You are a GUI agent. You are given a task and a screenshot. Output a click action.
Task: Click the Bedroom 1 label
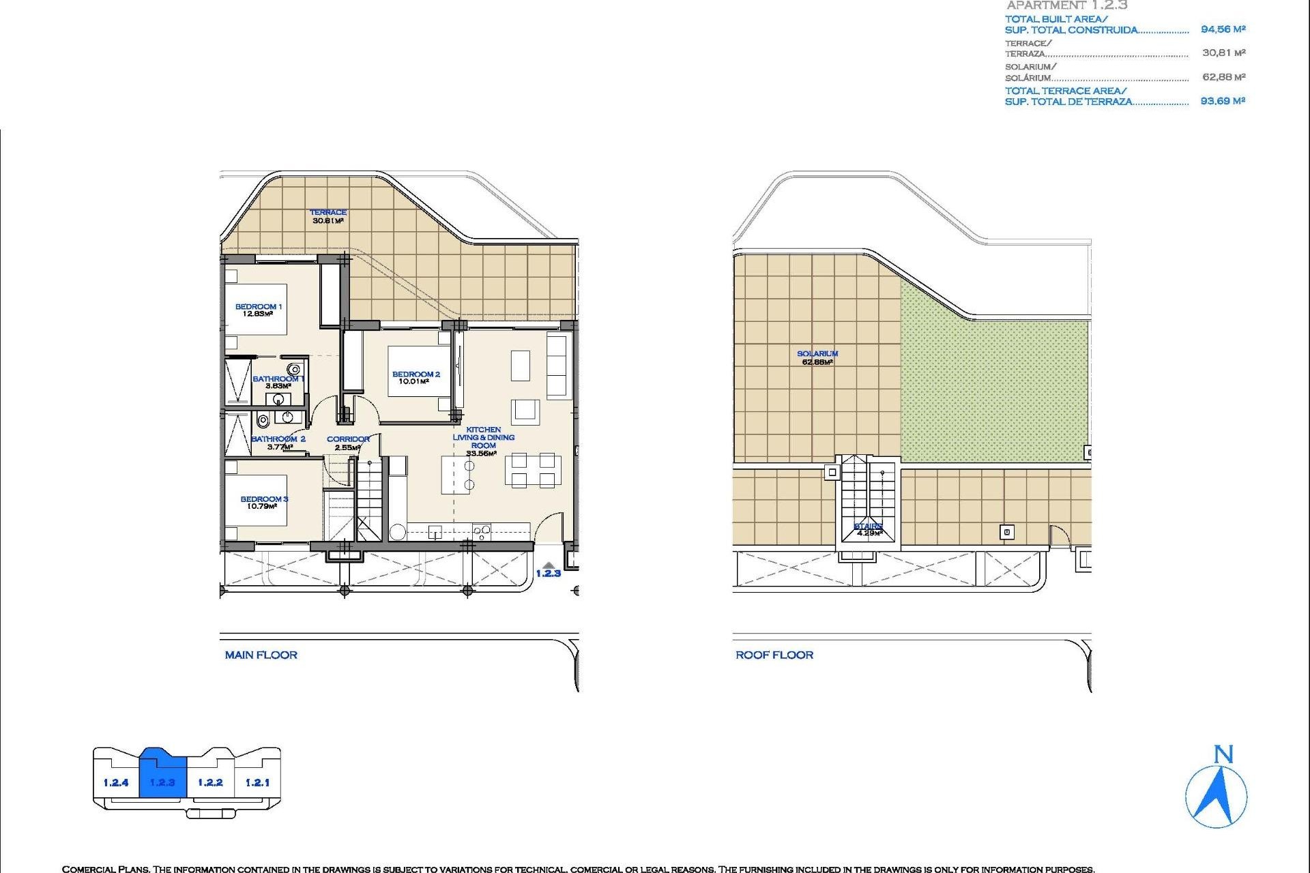[x=258, y=307]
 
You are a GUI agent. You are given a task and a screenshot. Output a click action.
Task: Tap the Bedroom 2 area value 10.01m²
[x=413, y=382]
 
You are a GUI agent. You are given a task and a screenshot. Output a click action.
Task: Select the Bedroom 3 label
[x=264, y=499]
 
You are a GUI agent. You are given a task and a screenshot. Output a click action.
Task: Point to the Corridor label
[x=348, y=439]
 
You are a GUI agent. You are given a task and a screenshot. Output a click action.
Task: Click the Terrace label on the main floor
[x=328, y=213]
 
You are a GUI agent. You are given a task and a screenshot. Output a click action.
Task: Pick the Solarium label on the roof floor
[x=817, y=354]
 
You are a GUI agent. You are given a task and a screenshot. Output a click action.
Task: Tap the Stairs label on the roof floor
[x=868, y=527]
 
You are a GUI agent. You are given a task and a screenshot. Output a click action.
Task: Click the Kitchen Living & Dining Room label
[x=483, y=438]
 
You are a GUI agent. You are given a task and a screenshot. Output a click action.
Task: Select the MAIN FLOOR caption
[x=261, y=655]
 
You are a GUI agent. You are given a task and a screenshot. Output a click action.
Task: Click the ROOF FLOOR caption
[x=774, y=655]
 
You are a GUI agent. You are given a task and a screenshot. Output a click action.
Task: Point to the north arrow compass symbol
[x=1217, y=795]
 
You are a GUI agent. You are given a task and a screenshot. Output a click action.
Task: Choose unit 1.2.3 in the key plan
[x=162, y=782]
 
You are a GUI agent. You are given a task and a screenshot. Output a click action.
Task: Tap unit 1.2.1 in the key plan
[x=257, y=782]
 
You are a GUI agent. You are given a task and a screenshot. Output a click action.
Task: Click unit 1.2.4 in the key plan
[x=116, y=782]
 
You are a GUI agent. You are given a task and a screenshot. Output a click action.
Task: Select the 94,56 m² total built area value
[x=1223, y=29]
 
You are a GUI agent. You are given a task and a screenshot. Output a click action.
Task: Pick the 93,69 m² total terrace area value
[x=1223, y=101]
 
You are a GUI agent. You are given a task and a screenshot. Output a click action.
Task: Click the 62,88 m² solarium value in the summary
[x=1223, y=77]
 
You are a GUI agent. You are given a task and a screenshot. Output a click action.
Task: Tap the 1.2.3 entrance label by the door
[x=548, y=574]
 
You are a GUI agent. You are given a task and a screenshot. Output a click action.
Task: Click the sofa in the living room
[x=558, y=366]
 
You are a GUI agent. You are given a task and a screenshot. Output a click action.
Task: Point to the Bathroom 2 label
[x=278, y=439]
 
